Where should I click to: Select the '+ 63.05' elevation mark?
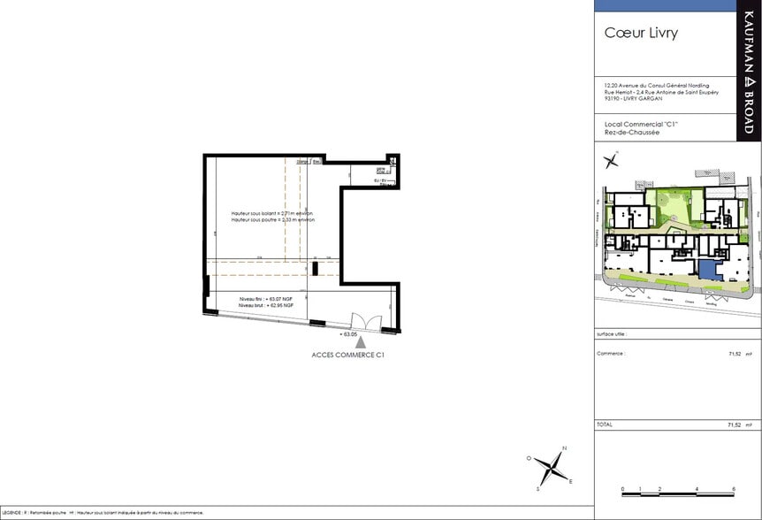tap(347, 335)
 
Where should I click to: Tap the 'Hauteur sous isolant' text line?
tap(272, 214)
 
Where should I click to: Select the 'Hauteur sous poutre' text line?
tap(272, 220)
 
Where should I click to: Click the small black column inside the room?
tap(314, 269)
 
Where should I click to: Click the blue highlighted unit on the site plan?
tap(708, 271)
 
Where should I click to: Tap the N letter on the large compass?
tap(565, 448)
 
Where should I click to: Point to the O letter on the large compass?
tap(529, 458)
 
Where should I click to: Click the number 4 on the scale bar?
tap(697, 488)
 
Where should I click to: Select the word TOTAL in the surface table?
tap(606, 424)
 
